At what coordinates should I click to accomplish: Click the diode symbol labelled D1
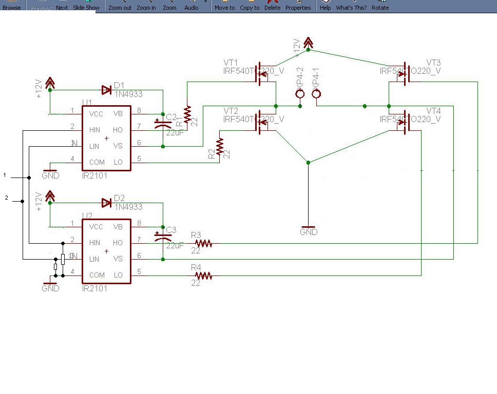coord(107,90)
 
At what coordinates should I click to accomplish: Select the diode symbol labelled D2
coord(107,203)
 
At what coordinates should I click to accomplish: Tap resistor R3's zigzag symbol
coord(203,244)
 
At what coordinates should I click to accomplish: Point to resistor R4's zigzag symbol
coord(203,276)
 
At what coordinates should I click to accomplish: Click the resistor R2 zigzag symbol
coord(221,146)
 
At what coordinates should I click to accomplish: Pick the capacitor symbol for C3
coord(163,237)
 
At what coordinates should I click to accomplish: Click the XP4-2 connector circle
coord(300,94)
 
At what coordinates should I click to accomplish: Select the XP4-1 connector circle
coord(316,94)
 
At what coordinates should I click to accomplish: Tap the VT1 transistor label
coord(231,63)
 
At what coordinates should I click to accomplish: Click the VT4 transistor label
coord(433,111)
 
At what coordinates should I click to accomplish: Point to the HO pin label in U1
coord(118,130)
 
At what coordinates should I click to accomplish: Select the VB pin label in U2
coord(118,227)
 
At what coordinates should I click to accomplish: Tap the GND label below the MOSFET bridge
coord(309,232)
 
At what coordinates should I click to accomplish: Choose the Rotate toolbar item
coord(380,8)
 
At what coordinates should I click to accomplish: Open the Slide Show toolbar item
coord(86,8)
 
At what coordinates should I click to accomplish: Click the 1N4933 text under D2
coord(128,207)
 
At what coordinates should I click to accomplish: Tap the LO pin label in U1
coord(118,162)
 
